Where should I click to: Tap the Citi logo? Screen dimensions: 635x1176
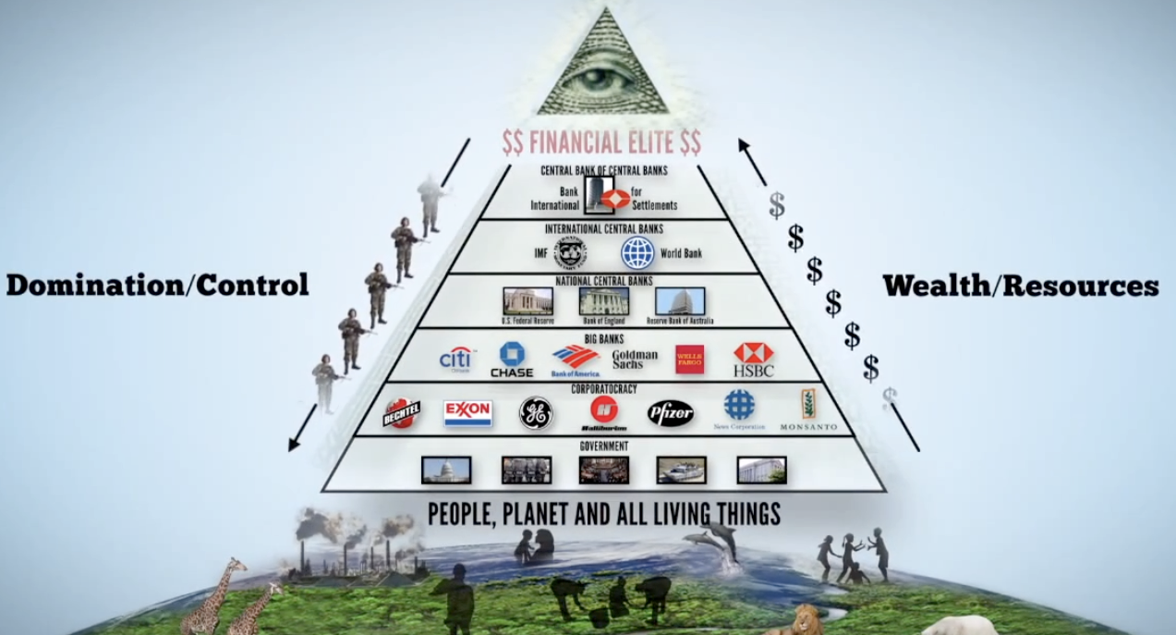click(x=456, y=359)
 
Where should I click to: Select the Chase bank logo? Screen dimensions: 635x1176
click(x=511, y=360)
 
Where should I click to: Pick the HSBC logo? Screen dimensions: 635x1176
click(x=753, y=359)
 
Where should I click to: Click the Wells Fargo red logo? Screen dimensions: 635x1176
click(x=689, y=359)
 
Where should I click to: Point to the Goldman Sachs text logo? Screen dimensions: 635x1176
click(x=635, y=360)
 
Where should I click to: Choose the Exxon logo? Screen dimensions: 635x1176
click(x=467, y=412)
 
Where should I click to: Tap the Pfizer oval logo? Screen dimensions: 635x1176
click(x=670, y=412)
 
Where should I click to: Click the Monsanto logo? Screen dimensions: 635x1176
click(x=808, y=410)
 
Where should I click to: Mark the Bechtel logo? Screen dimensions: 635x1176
click(x=402, y=413)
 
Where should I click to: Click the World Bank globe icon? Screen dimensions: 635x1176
click(x=637, y=252)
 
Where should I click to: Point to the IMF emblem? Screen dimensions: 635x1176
click(x=570, y=252)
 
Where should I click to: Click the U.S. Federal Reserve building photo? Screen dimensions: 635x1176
click(x=527, y=301)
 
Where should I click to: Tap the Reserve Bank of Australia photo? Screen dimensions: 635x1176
click(x=680, y=301)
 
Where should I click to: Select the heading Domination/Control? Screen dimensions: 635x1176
click(x=157, y=285)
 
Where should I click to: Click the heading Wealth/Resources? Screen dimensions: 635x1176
click(x=1020, y=286)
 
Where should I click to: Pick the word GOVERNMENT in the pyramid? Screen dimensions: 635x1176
click(x=604, y=446)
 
